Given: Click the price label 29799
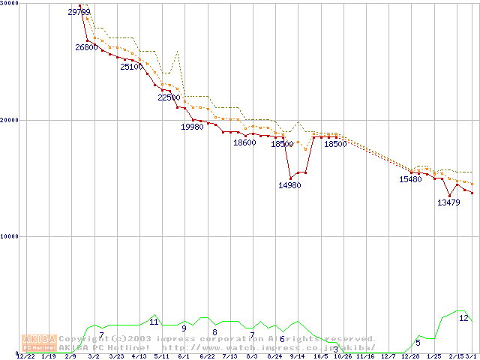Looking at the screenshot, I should coord(79,12).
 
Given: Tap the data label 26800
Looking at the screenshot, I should coord(86,47).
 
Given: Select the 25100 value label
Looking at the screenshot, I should coord(131,67).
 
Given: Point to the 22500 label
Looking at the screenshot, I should coord(169,97).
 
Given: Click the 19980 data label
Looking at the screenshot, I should coord(192,127).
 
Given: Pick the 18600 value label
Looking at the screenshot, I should coord(244,142).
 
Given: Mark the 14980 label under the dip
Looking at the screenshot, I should coord(289,185).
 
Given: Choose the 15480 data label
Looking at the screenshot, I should coord(410,179).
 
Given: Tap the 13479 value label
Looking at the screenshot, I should coord(448,202).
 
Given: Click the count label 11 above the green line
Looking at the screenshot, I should coord(154,322).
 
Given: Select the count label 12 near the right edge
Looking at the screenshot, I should coord(463,318).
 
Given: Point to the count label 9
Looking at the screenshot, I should coord(184,328).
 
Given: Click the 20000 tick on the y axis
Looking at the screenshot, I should coord(10,120).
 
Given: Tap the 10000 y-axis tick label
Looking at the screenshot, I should coord(10,236).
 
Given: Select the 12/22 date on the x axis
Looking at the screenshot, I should coord(25,356).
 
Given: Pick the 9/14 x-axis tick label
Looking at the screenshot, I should coord(297,356).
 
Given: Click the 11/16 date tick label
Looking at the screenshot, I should coord(365,356).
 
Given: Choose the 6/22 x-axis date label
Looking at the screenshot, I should coord(207,356).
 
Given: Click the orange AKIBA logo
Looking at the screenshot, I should coord(39,343).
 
